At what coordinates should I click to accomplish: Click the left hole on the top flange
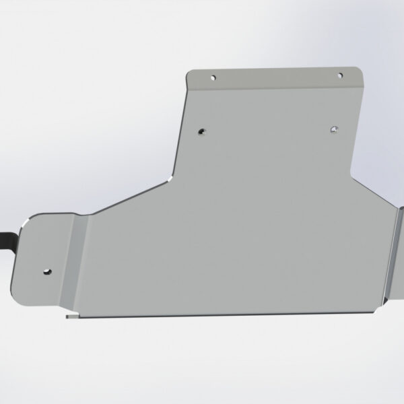click(213, 77)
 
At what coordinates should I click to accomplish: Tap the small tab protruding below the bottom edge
click(69, 314)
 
